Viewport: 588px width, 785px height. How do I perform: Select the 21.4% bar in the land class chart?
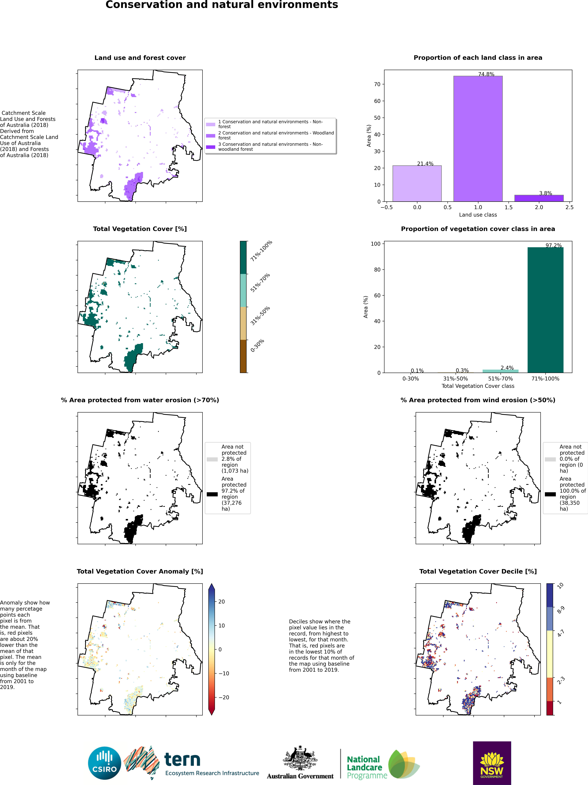(x=417, y=184)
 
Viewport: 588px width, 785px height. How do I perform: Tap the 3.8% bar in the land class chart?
(x=539, y=198)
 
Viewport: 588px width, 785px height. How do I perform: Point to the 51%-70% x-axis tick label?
(x=500, y=379)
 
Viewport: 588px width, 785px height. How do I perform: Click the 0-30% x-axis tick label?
(x=411, y=379)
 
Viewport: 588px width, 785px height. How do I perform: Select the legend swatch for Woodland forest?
(x=210, y=136)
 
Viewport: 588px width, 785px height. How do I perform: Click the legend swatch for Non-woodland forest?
(x=210, y=147)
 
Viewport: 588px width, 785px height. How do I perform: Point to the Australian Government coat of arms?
(x=300, y=758)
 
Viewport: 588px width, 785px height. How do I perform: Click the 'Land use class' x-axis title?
(x=478, y=215)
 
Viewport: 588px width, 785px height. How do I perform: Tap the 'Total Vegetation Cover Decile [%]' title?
(x=478, y=571)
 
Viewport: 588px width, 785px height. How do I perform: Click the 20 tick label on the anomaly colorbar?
(x=221, y=601)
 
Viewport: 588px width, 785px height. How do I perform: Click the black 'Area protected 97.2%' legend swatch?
(x=212, y=494)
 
